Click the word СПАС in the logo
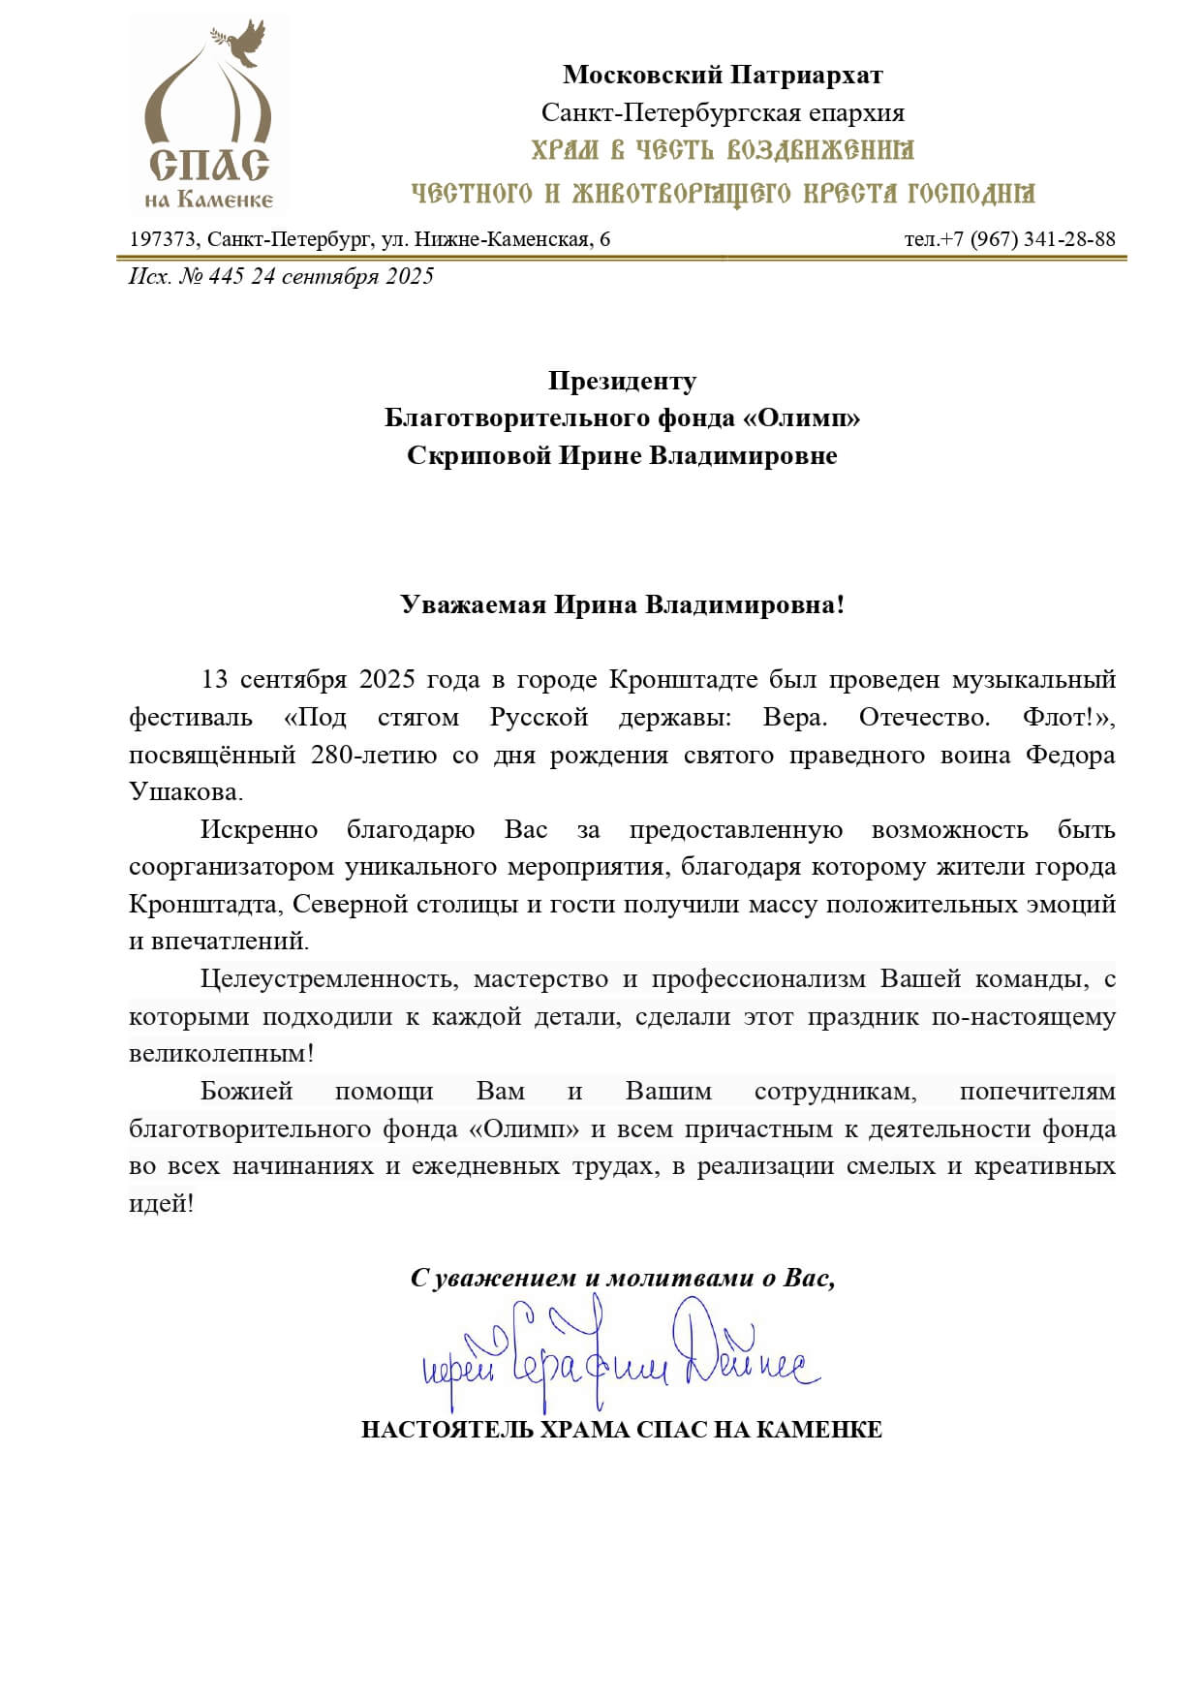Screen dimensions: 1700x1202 (x=208, y=166)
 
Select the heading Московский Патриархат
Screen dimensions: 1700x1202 (x=723, y=75)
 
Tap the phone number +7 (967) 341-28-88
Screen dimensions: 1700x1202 (x=1020, y=239)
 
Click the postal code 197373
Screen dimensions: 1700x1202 (x=162, y=239)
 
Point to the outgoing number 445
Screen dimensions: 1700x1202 (x=226, y=277)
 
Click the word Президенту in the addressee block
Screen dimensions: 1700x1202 (x=622, y=381)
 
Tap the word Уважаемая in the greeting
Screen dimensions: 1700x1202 (x=473, y=605)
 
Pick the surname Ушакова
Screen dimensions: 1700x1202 (x=185, y=792)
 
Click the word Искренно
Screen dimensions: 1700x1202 (x=259, y=830)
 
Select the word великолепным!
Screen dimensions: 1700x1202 (x=221, y=1054)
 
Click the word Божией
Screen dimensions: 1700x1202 (x=246, y=1092)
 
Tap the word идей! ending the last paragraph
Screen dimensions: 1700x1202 (x=161, y=1204)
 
